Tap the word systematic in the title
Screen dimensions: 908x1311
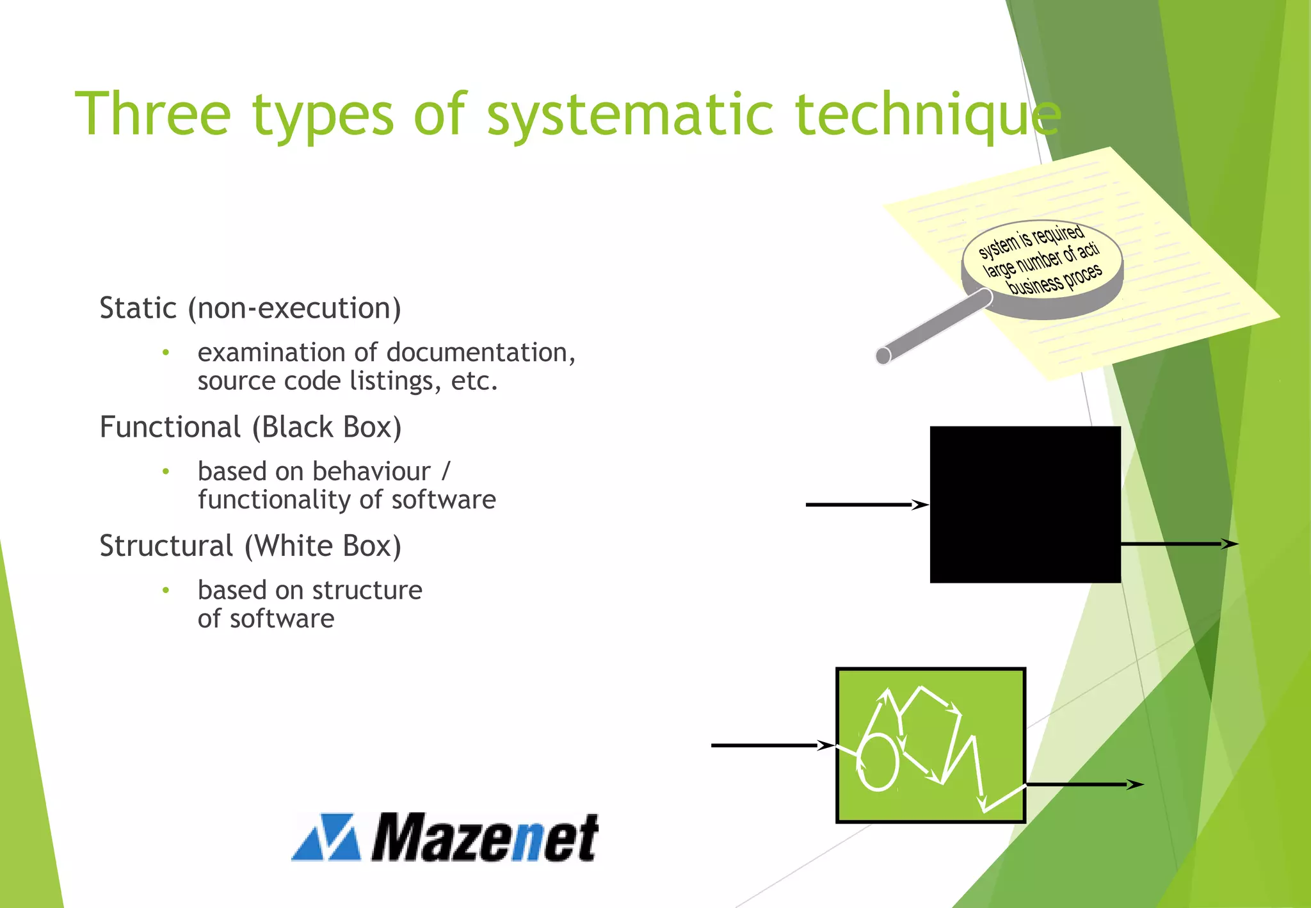(631, 115)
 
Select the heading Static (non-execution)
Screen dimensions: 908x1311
(250, 308)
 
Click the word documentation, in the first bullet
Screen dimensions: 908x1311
(480, 352)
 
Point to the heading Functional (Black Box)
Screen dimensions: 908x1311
(250, 427)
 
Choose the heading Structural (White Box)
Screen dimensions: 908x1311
(250, 546)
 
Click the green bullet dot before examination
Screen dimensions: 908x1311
(166, 352)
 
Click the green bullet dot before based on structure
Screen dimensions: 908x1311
(166, 590)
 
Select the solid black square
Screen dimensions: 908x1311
(1025, 505)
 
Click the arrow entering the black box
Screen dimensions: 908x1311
(864, 505)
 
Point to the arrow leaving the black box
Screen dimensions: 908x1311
(1178, 544)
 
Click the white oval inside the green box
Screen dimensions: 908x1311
(878, 762)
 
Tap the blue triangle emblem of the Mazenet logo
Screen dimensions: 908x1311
(326, 838)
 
